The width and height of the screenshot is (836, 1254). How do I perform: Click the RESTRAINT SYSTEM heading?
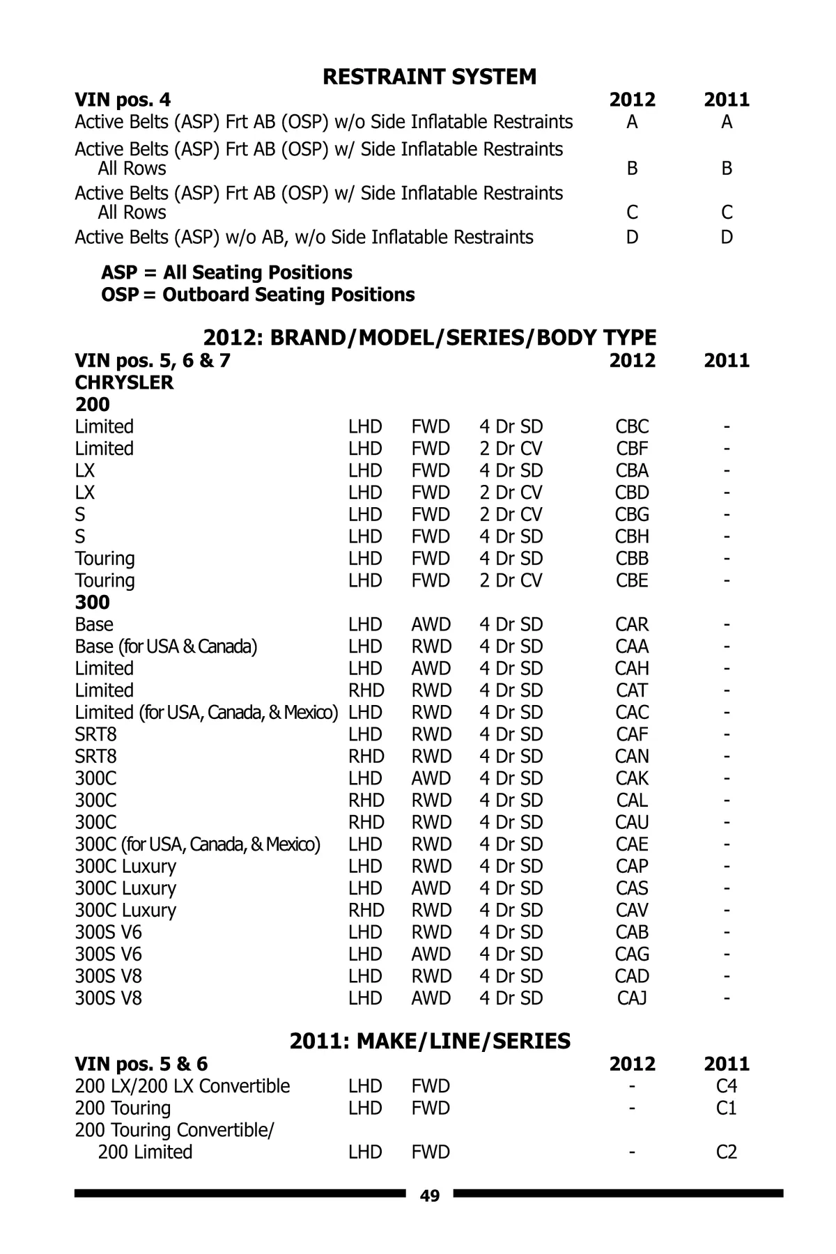click(429, 77)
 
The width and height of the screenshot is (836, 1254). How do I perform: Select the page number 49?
click(430, 1196)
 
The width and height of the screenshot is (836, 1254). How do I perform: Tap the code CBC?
click(632, 426)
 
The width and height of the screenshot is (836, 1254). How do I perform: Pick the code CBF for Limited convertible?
click(632, 449)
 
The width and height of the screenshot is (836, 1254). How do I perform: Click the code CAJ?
click(632, 998)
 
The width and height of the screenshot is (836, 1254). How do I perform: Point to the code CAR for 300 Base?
click(632, 624)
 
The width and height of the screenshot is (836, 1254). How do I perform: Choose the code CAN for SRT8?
click(632, 757)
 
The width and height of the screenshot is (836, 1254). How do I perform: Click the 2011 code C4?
click(727, 1086)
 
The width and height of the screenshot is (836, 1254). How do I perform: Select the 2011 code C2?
click(727, 1152)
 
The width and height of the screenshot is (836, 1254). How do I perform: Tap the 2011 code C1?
click(727, 1108)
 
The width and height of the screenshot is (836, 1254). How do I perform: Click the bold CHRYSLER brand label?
click(124, 382)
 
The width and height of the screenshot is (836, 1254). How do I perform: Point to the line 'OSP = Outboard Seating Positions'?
click(258, 295)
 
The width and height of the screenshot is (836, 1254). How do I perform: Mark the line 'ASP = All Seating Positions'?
click(226, 272)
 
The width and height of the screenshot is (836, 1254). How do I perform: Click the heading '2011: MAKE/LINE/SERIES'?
click(430, 1042)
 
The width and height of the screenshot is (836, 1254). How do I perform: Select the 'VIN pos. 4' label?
click(123, 100)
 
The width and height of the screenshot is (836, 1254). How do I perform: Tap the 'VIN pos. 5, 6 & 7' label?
click(153, 360)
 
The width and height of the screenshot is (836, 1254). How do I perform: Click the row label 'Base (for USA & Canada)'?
click(166, 647)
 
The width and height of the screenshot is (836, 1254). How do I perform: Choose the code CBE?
click(632, 580)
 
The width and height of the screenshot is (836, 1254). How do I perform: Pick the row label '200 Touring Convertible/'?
click(175, 1130)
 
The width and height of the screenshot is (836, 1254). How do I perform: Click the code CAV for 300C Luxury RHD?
click(632, 911)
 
